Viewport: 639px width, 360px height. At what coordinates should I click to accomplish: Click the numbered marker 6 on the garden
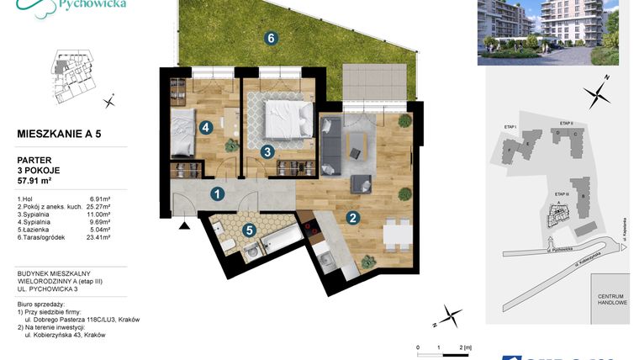coord(270,38)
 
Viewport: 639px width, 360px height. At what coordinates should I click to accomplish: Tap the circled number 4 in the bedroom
coord(206,128)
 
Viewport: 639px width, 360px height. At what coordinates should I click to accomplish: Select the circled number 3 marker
coord(267,152)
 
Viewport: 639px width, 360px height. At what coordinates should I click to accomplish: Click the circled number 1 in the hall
coord(218,195)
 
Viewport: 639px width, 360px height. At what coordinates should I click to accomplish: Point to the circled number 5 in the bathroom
coord(248,229)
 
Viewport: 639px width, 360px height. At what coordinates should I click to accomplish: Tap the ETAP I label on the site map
coord(510,126)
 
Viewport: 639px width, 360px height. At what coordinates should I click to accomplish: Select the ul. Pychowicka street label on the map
coord(559,250)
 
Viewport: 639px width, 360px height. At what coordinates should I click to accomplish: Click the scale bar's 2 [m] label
coord(465,346)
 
